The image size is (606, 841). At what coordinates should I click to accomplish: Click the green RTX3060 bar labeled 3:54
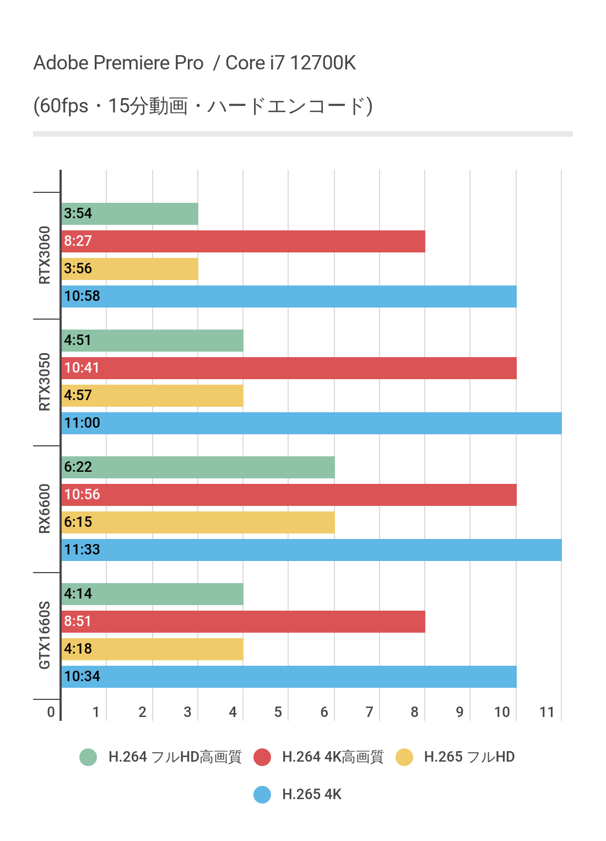(130, 214)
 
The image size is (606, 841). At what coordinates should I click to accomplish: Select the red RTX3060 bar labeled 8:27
(243, 241)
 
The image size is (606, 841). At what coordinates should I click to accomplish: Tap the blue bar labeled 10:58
(289, 296)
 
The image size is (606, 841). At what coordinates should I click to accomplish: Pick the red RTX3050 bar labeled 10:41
(289, 368)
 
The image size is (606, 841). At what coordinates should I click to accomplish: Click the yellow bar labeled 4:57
(152, 396)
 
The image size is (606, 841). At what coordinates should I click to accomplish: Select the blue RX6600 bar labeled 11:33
(311, 550)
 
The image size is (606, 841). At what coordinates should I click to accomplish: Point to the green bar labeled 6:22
(198, 467)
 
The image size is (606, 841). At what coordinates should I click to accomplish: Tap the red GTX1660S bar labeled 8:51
(243, 622)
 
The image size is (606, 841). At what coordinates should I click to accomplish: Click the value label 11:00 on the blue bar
(82, 423)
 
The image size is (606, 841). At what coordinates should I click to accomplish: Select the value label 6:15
(78, 522)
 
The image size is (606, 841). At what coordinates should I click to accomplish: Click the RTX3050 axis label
(45, 382)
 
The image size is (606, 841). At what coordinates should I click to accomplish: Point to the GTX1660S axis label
(45, 635)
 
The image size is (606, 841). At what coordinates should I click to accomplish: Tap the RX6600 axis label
(45, 509)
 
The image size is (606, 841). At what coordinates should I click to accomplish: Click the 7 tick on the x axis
(369, 712)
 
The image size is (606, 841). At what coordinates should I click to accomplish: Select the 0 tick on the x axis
(51, 712)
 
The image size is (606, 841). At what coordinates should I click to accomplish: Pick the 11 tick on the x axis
(547, 712)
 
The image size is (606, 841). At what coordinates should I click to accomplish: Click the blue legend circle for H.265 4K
(262, 795)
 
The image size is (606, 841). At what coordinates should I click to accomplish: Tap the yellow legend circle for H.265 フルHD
(404, 757)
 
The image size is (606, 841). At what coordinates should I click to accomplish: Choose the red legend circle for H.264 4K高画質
(262, 757)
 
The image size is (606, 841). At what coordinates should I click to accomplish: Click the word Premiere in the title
(148, 63)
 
